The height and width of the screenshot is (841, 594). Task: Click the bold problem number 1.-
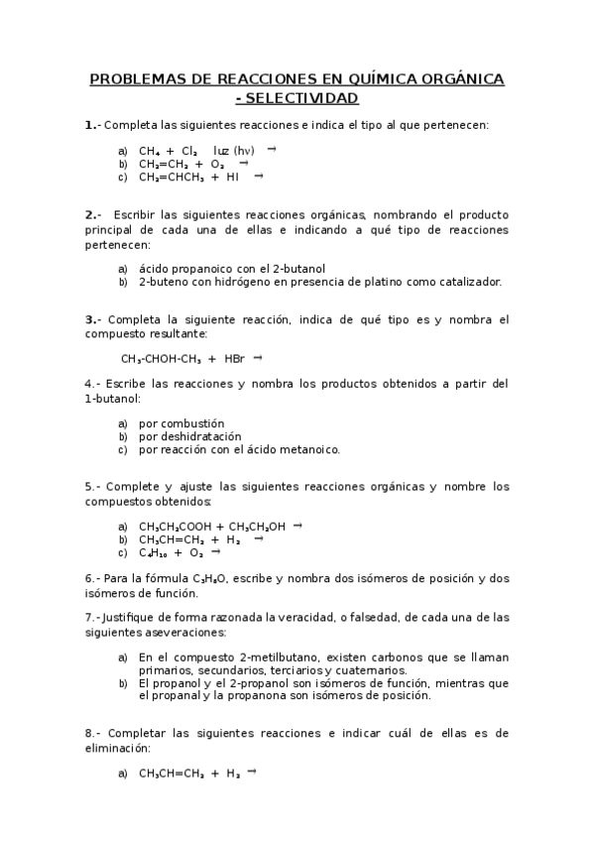click(x=92, y=125)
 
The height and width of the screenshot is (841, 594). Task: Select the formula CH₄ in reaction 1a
click(x=152, y=151)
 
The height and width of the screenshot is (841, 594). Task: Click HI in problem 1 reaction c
click(x=232, y=178)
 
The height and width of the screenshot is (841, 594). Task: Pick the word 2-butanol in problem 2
click(x=301, y=268)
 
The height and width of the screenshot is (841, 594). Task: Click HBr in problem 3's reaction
click(x=234, y=359)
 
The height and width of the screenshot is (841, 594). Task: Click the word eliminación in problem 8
click(x=124, y=747)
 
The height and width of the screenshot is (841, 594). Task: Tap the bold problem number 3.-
click(x=93, y=319)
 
